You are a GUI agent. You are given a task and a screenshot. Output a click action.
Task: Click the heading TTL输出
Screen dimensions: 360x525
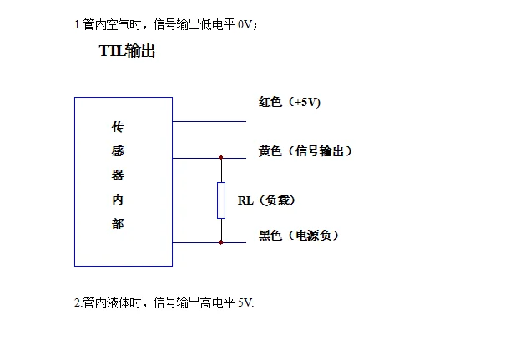tap(127, 52)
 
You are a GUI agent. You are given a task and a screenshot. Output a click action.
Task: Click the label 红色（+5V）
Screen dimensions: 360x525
tap(290, 102)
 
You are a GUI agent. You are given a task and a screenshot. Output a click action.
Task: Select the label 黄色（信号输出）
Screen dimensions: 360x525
tap(305, 151)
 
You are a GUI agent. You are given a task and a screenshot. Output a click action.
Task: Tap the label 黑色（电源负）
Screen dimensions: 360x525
tap(299, 236)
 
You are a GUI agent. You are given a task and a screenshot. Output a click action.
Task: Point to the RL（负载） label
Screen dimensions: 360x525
tap(266, 200)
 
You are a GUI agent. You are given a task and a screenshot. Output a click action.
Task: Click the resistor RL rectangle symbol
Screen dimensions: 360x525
tap(221, 199)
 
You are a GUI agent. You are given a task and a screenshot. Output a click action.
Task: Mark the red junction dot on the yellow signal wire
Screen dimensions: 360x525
tap(221, 157)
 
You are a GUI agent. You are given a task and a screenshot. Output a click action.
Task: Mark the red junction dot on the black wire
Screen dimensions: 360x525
tap(221, 242)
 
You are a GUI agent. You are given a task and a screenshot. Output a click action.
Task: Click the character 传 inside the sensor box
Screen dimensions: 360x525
tap(118, 128)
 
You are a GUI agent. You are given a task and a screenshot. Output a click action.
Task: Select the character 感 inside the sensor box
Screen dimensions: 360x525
tap(118, 152)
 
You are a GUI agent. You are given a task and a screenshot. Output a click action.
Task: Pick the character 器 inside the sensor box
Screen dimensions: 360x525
tap(118, 176)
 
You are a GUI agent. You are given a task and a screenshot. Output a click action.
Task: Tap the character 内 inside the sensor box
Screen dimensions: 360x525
tap(118, 200)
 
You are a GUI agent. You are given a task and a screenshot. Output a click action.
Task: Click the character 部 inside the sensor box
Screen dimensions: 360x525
tap(118, 224)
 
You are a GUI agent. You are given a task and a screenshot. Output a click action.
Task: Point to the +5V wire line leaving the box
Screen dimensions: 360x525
tap(209, 121)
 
